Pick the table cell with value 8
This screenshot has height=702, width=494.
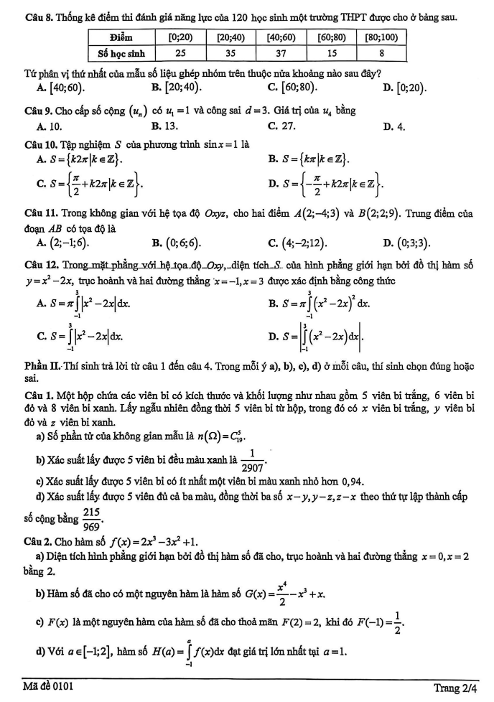(x=381, y=52)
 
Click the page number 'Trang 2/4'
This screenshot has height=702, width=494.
(x=455, y=688)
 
